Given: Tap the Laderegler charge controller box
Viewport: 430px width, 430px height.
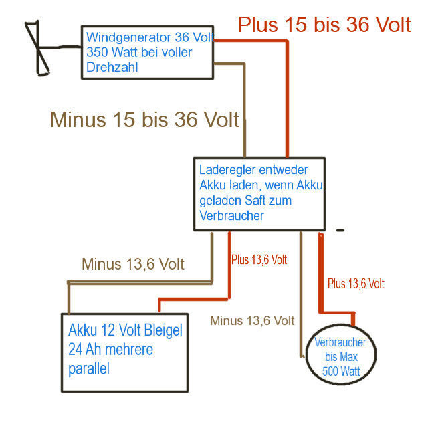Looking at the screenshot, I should click(259, 194).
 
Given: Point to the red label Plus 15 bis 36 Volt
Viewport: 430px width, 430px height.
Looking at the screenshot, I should click(324, 25).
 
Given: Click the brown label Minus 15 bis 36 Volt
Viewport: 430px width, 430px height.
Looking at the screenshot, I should click(144, 120).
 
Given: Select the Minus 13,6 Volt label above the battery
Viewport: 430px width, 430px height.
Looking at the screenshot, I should click(132, 263).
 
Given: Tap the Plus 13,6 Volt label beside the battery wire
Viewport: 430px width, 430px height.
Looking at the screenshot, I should click(259, 259).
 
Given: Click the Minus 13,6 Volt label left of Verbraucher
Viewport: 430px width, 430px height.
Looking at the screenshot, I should click(252, 320).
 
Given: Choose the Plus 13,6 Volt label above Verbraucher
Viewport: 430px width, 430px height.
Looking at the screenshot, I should click(356, 284).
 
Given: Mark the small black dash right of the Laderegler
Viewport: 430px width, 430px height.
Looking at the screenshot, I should click(340, 230).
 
